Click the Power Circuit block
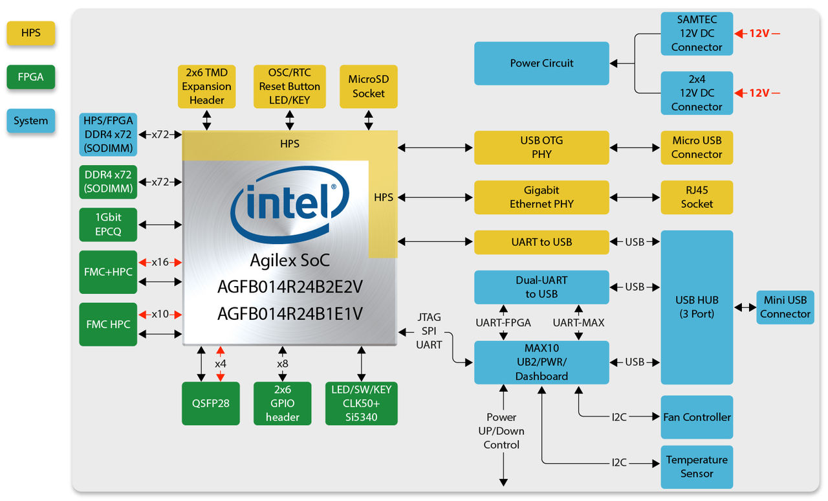(541, 63)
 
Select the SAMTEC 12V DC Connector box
(697, 34)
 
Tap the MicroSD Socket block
(368, 86)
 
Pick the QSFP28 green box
(211, 403)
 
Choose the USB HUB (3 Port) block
(697, 307)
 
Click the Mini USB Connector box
(785, 307)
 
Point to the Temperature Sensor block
(697, 467)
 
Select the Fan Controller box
(697, 417)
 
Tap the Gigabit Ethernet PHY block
(541, 197)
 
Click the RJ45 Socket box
(697, 197)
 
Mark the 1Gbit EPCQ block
(108, 224)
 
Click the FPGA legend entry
(30, 77)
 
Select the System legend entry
(30, 121)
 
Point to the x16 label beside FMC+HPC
(160, 262)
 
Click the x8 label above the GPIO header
(283, 364)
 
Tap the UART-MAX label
(578, 322)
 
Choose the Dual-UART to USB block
(541, 287)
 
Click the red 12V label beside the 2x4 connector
(759, 93)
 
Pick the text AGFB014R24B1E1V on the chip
(290, 314)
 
